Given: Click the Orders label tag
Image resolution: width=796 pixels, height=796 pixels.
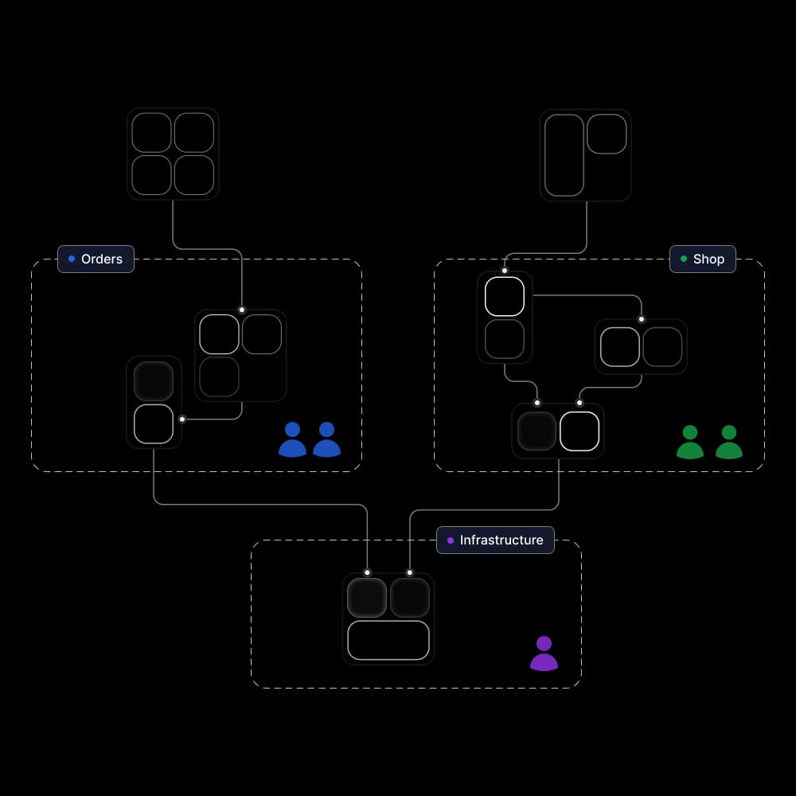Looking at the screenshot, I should tap(96, 259).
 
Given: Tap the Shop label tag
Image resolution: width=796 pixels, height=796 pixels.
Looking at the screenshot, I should tap(702, 259).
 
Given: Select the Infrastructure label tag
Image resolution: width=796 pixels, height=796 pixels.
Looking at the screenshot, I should tap(495, 540).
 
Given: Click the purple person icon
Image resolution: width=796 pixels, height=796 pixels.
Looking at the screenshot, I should tap(544, 654).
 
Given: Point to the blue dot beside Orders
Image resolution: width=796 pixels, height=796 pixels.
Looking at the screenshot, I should tap(72, 259).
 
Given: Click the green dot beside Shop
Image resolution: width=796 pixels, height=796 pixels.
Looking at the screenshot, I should tap(684, 259).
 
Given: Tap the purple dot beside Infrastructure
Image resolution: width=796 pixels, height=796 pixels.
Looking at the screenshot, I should tap(451, 540).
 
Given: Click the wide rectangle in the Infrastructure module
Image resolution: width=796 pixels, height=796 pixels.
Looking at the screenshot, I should tap(388, 640).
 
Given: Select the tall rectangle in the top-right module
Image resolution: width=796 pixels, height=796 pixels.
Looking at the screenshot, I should tap(564, 155).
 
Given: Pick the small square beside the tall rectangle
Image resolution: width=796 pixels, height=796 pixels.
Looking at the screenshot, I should tap(607, 134).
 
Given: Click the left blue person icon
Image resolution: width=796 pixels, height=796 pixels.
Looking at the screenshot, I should tap(292, 440).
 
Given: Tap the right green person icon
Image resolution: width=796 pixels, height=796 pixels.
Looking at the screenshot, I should tap(729, 443).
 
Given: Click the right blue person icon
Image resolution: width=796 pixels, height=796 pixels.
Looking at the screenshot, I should tap(326, 440).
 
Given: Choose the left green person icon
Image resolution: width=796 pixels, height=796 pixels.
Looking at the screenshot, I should tap(690, 443).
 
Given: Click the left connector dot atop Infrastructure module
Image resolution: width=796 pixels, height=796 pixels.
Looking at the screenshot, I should tap(367, 572).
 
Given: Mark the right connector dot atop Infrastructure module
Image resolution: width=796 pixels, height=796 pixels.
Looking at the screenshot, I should tap(410, 572).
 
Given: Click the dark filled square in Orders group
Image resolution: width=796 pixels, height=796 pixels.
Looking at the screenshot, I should tap(154, 381).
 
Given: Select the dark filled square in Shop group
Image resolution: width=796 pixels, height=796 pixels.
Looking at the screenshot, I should tap(537, 431).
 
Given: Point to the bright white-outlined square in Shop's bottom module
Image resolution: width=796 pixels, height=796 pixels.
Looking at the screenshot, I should tap(579, 431).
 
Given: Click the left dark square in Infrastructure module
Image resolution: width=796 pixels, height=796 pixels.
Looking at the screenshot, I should tap(367, 598).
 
